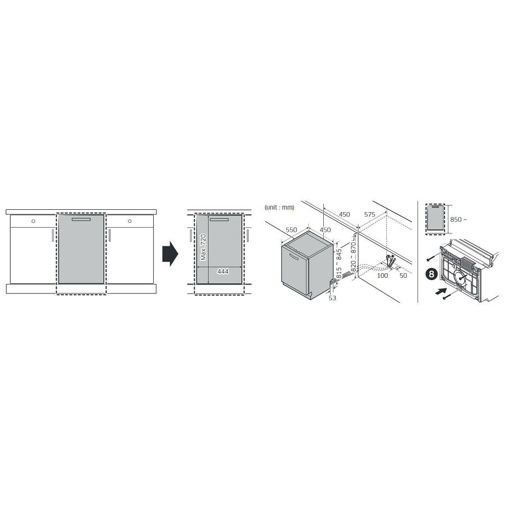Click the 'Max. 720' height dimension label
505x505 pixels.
(x=203, y=247)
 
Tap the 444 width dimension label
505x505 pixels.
(x=223, y=272)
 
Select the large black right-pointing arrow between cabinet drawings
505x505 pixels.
(x=170, y=254)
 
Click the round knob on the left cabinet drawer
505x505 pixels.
(x=33, y=221)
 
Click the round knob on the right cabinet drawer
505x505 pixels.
(x=130, y=221)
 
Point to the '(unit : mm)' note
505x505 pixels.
(x=279, y=208)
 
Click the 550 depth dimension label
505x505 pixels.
(x=291, y=229)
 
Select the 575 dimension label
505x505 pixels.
(x=370, y=214)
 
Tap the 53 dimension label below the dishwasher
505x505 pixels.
(x=332, y=299)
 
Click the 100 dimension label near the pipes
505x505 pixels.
(x=382, y=276)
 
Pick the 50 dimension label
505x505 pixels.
(x=403, y=276)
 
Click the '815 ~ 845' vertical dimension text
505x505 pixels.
(x=339, y=264)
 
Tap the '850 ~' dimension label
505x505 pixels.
(x=458, y=219)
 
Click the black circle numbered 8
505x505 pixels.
(x=431, y=274)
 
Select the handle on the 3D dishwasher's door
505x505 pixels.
(x=295, y=256)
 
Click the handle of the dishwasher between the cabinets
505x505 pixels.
(x=81, y=219)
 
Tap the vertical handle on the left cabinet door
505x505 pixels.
(x=53, y=235)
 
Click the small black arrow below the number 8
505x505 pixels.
(x=441, y=291)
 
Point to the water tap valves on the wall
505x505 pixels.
(x=391, y=260)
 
